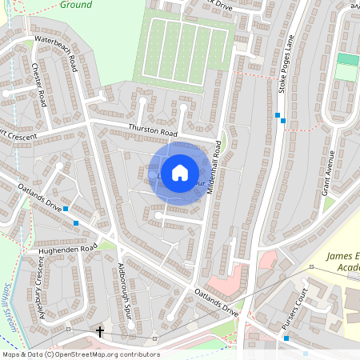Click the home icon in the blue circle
pyautogui.click(x=180, y=173)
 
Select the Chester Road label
pyautogui.click(x=38, y=83)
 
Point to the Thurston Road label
pyautogui.click(x=152, y=131)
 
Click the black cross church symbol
pyautogui.click(x=100, y=330)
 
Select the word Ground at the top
pyautogui.click(x=77, y=5)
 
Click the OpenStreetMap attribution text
pyautogui.click(x=80, y=354)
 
